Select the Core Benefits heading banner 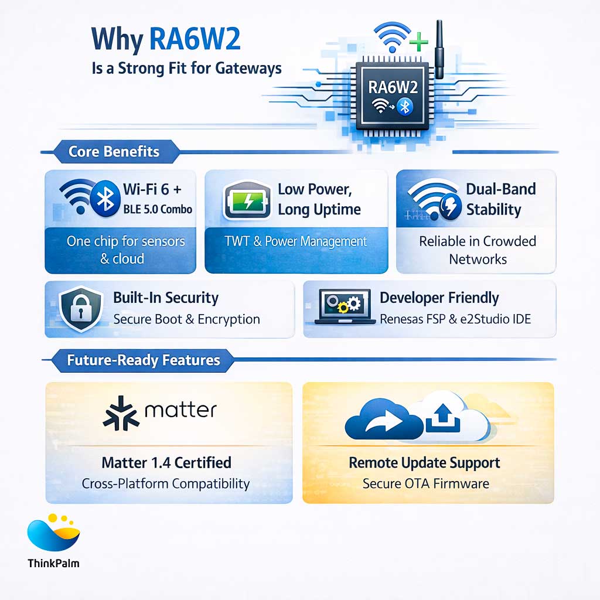(114, 152)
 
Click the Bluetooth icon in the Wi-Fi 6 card (105, 199)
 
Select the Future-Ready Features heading (144, 360)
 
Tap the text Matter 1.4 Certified (166, 463)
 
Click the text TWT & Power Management (296, 241)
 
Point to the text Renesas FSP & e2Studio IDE (459, 319)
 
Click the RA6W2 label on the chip (393, 87)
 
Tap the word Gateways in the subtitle (248, 68)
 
